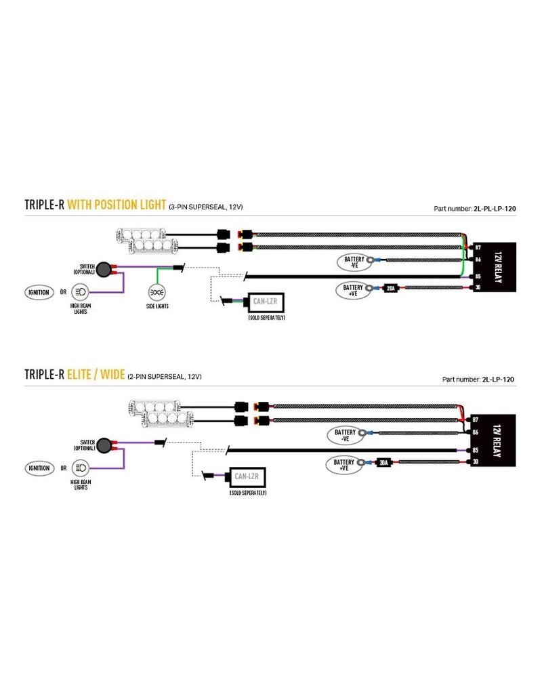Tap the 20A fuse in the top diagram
click(390, 288)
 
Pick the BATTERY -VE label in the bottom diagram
click(343, 434)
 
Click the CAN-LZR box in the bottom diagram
click(246, 476)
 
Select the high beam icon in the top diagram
click(81, 292)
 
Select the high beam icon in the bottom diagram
click(81, 468)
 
